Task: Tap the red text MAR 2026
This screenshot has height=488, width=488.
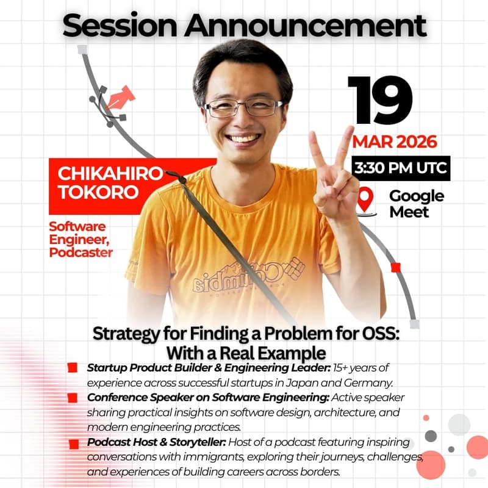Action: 395,142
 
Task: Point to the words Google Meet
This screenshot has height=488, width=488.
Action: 417,204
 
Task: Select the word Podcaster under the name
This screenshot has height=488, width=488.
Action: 81,252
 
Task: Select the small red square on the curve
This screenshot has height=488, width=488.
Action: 395,267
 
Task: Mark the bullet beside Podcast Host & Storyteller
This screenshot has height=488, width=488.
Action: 74,442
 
